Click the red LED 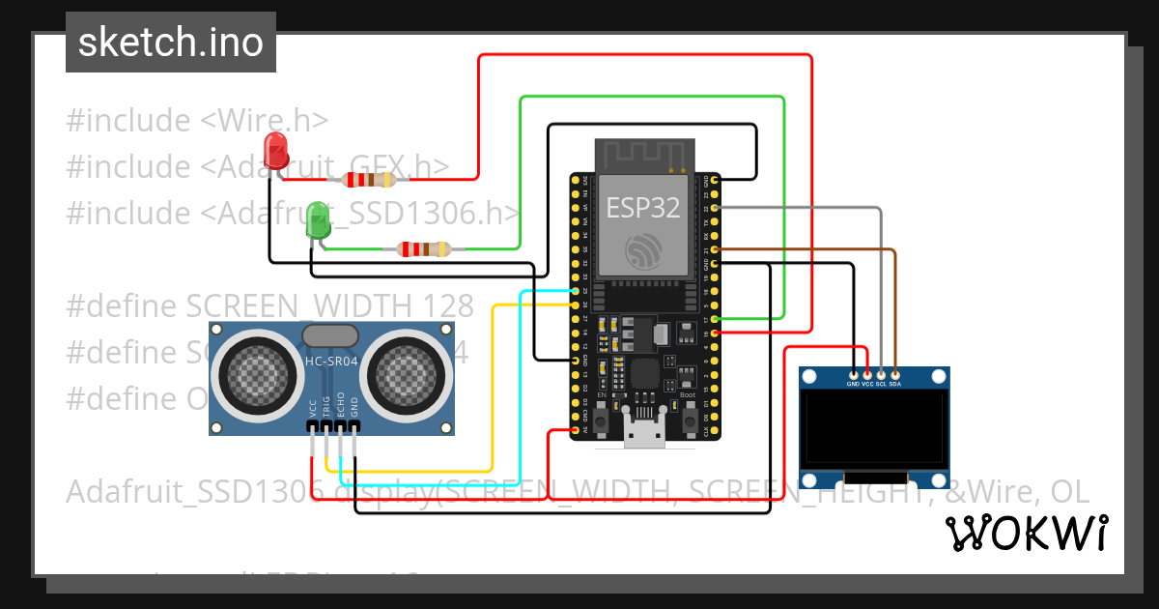(x=276, y=152)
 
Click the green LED (x=317, y=220)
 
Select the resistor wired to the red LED (x=371, y=179)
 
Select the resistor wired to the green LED (x=424, y=249)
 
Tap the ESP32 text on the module (x=642, y=207)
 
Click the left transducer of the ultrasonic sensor (x=253, y=372)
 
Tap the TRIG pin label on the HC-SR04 (x=327, y=407)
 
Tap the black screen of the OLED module (x=875, y=429)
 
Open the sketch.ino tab (x=170, y=43)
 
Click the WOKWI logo (x=1026, y=534)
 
